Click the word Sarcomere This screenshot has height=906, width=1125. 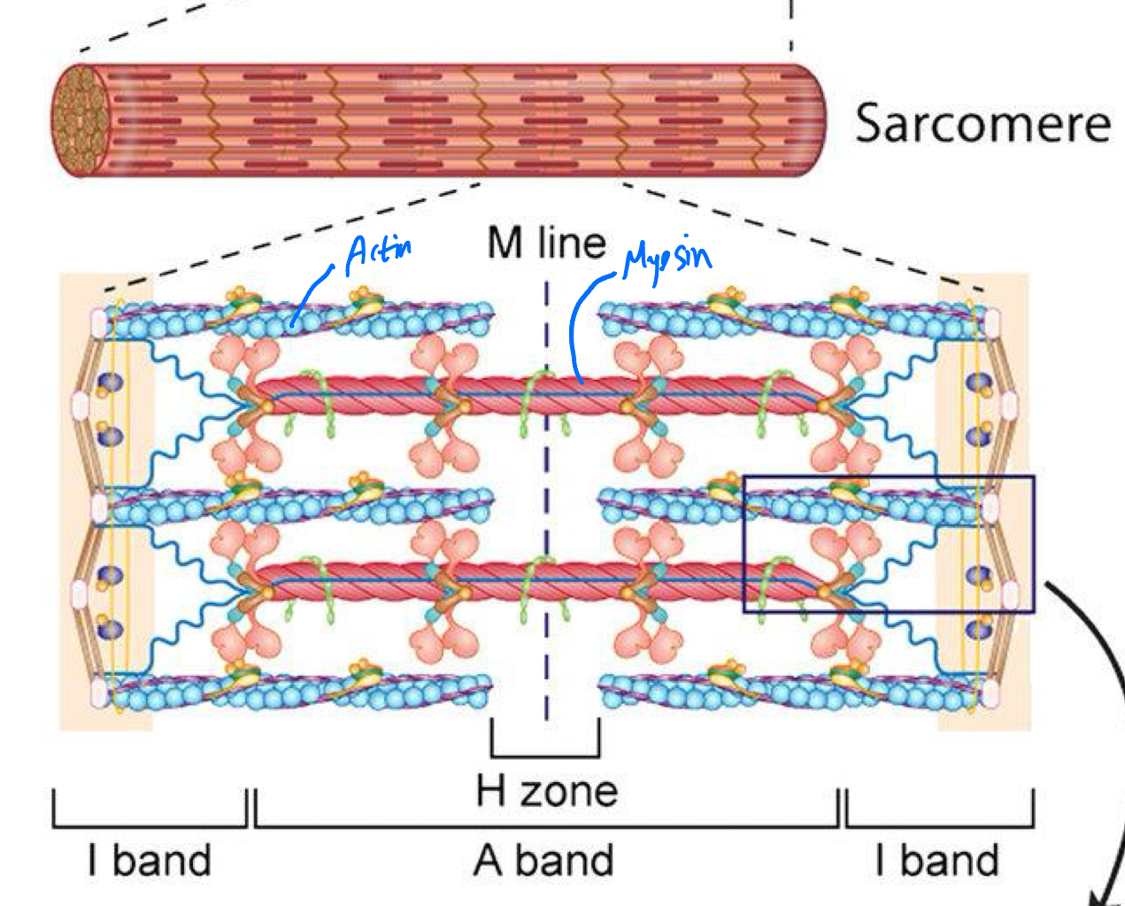pyautogui.click(x=982, y=123)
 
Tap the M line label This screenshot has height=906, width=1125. pyautogui.click(x=546, y=243)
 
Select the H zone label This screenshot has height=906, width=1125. pyautogui.click(x=546, y=790)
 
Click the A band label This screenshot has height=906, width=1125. pyautogui.click(x=543, y=860)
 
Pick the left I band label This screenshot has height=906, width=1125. pyautogui.click(x=149, y=860)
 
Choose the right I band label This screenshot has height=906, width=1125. pyautogui.click(x=936, y=860)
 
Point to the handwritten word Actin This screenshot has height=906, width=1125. pyautogui.click(x=379, y=252)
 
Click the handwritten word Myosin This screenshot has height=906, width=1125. pyautogui.click(x=666, y=259)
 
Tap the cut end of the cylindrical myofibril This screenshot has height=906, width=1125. pyautogui.click(x=81, y=119)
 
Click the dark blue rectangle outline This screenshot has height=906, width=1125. pyautogui.click(x=888, y=478)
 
